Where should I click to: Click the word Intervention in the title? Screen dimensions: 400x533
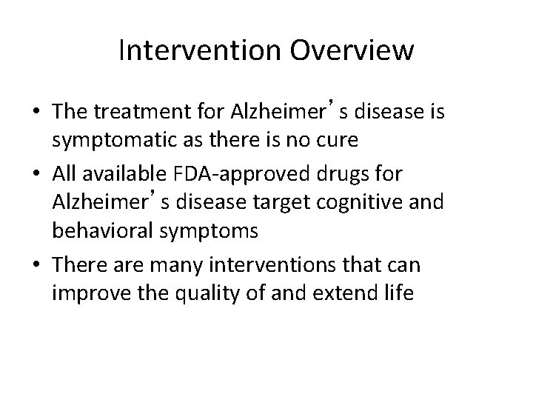click(195, 51)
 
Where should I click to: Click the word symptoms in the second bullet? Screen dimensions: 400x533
click(202, 231)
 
